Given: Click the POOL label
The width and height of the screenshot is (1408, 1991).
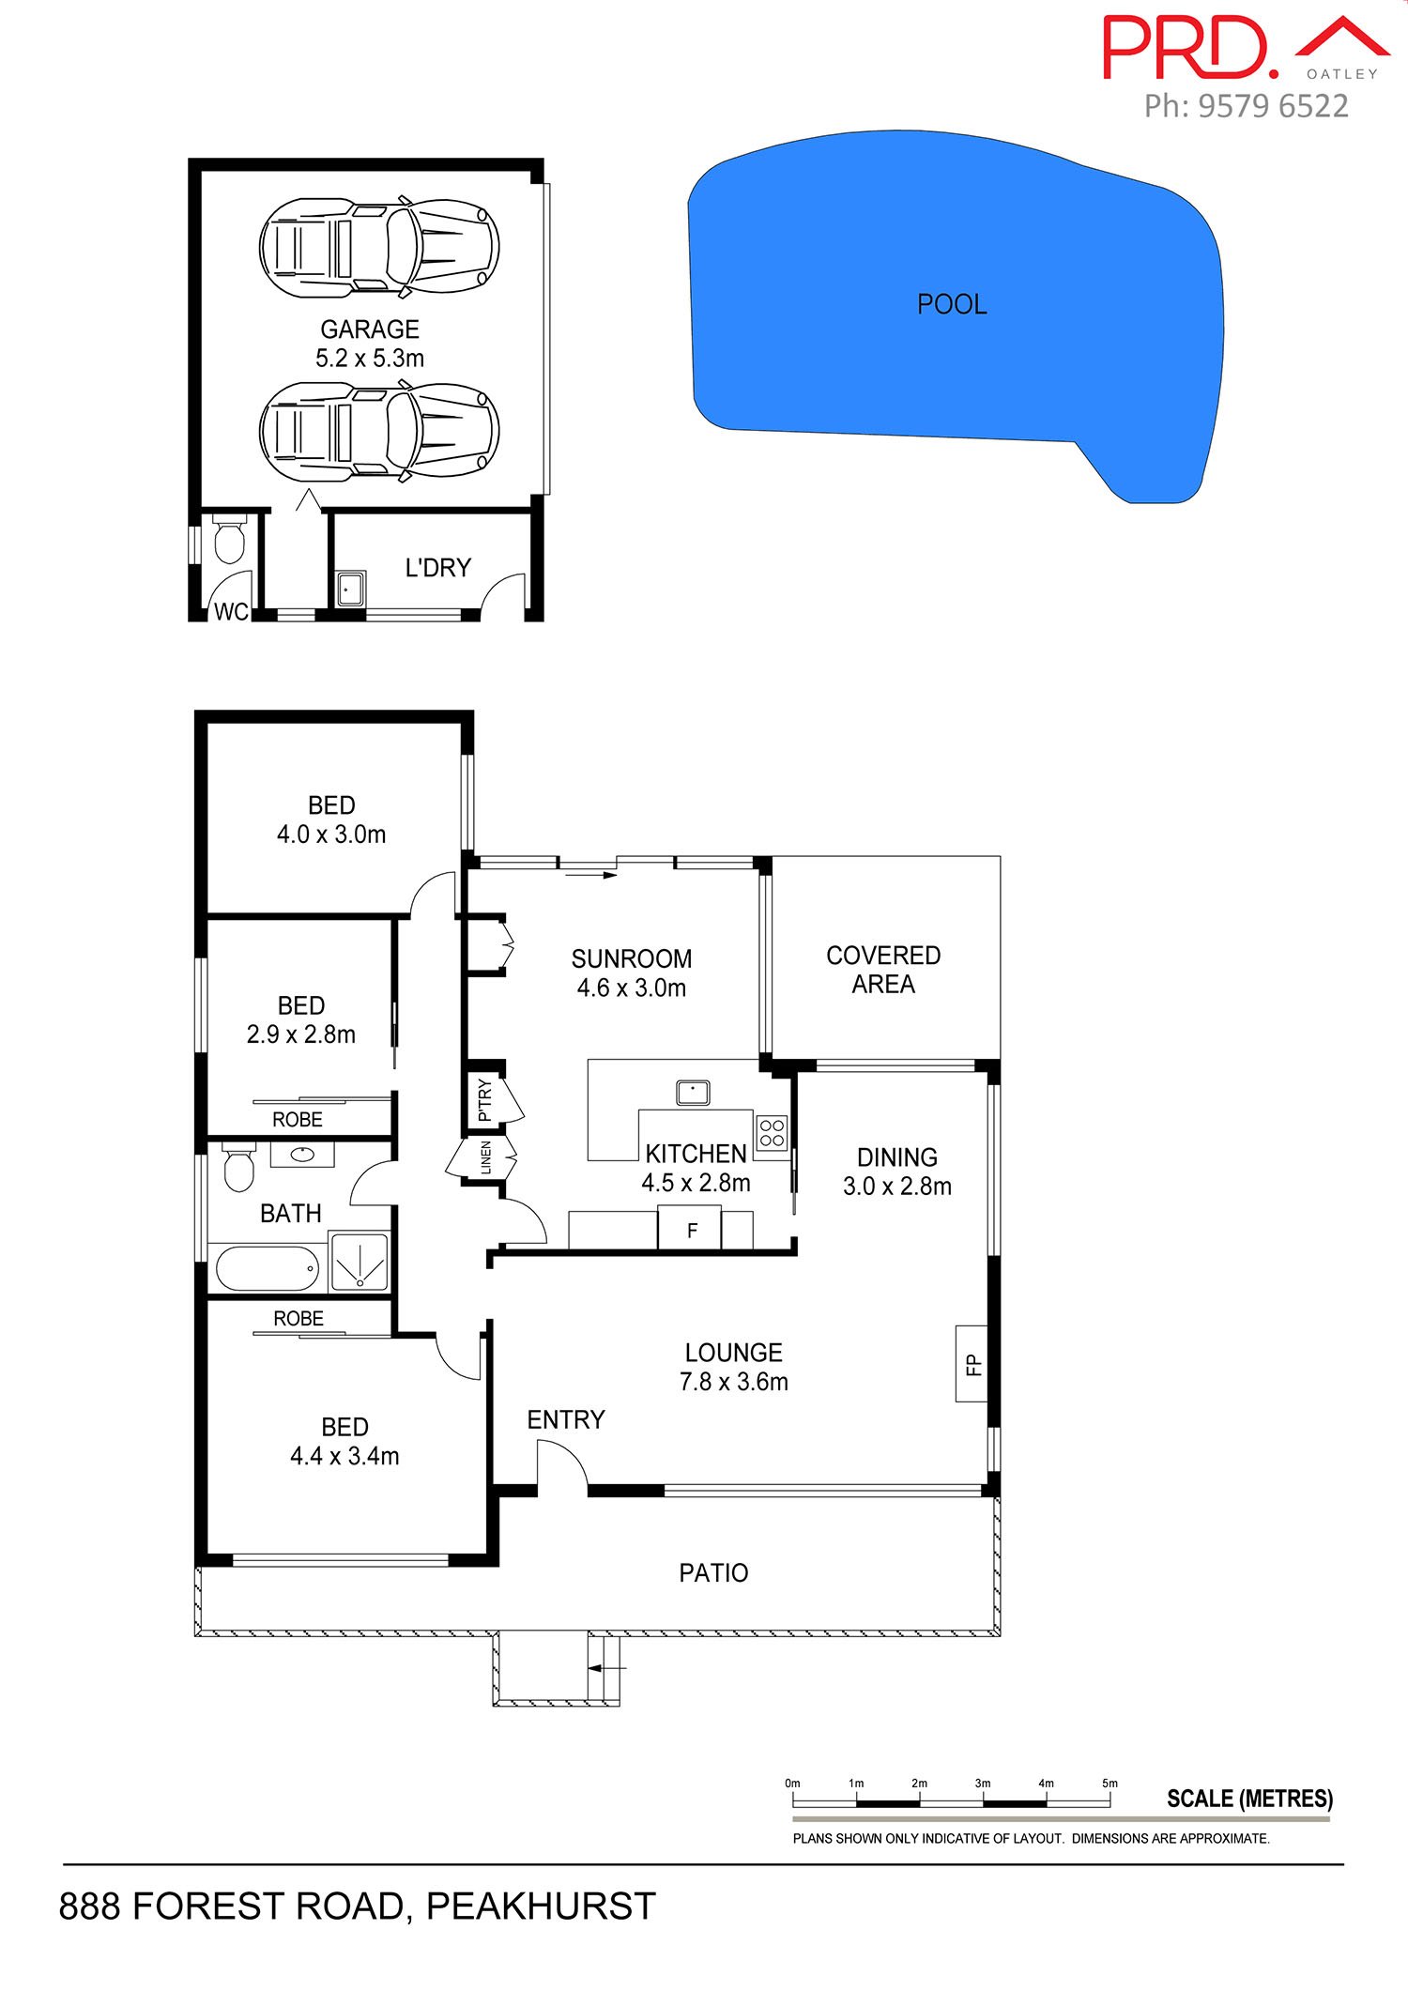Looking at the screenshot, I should pos(952,304).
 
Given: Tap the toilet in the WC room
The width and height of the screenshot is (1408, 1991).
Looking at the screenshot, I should pos(228,539).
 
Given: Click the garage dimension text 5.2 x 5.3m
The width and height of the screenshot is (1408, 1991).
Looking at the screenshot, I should pos(370,359).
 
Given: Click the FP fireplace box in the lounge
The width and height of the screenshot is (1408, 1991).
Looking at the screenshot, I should pos(972,1364).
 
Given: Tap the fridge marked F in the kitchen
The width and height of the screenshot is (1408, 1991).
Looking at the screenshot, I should pos(691,1230).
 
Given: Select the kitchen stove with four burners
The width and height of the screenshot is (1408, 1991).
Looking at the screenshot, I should pos(772,1133).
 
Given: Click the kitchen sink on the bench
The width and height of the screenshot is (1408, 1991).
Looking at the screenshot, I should pos(693,1093).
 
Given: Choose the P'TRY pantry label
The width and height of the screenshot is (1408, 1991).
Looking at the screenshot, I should pos(484,1100).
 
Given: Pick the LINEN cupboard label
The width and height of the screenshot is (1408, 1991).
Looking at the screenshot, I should pos(485,1157).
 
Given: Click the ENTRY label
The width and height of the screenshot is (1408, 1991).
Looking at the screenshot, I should pos(565,1419).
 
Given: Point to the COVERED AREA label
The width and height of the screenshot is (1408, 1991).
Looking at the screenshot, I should pos(883,970).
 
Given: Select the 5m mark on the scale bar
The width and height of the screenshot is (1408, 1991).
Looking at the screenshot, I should pos(1110,1783).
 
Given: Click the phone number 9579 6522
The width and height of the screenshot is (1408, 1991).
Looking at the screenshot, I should pos(1273,106).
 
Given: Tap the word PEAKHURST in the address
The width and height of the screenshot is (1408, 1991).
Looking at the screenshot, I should pos(541,1907).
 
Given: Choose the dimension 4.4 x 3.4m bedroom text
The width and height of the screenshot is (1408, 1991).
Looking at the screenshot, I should pos(344,1456).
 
